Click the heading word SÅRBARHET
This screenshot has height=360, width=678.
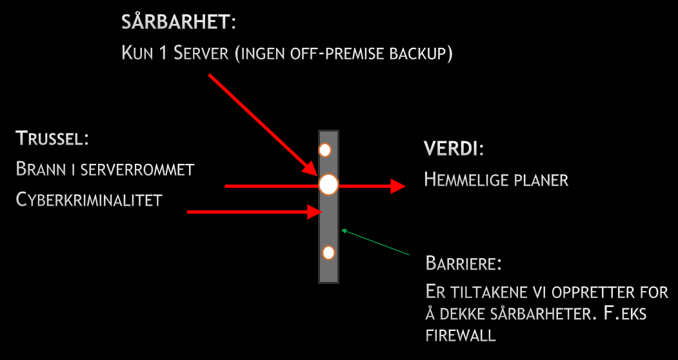click(x=175, y=23)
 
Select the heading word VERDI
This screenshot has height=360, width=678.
click(x=451, y=149)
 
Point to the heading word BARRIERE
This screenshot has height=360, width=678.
click(x=463, y=264)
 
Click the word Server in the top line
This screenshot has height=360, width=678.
click(x=203, y=53)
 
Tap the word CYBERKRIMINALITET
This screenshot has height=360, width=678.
click(x=88, y=200)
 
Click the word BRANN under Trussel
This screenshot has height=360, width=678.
click(x=40, y=170)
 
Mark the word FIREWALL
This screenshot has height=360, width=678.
click(x=461, y=335)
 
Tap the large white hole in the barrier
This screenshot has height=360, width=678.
click(x=328, y=185)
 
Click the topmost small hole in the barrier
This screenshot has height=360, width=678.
click(x=325, y=150)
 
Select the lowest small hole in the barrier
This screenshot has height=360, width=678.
click(x=328, y=253)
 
